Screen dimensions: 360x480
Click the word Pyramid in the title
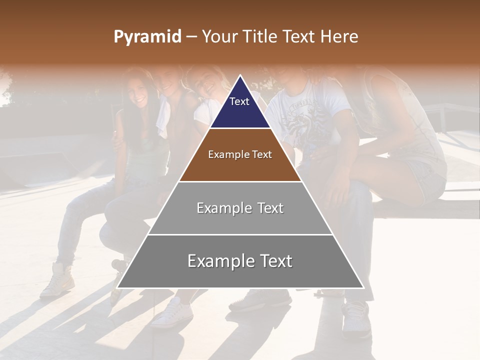(147, 37)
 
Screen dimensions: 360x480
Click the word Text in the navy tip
(239, 101)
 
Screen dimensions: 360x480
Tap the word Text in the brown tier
(260, 154)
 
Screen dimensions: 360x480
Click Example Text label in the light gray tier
(240, 208)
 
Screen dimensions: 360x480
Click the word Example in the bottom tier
(218, 261)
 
